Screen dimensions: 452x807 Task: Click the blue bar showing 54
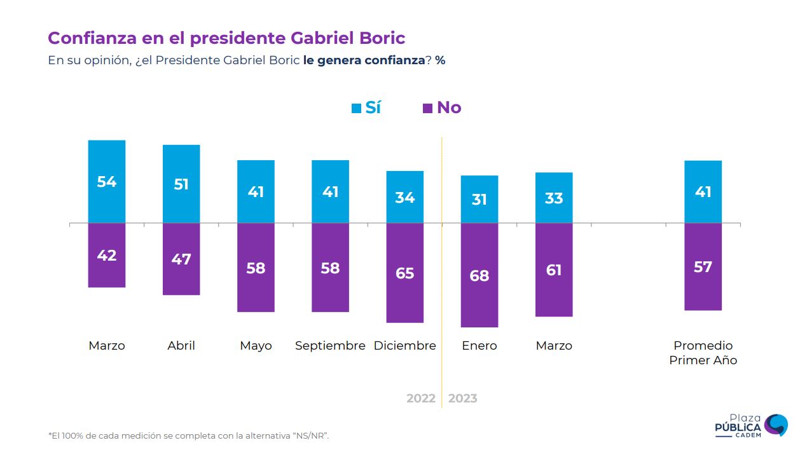(x=107, y=182)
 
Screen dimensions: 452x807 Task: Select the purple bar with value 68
(x=479, y=275)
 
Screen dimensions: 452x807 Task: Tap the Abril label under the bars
(x=181, y=346)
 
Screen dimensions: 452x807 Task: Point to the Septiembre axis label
(x=330, y=346)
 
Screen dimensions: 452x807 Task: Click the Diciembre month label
(x=405, y=346)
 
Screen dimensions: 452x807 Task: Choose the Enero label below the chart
(x=479, y=346)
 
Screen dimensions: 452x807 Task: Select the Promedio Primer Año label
(x=703, y=353)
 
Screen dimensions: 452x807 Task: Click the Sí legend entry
(x=367, y=107)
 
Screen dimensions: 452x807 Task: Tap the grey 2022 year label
(x=421, y=399)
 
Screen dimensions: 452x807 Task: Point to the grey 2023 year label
(x=462, y=399)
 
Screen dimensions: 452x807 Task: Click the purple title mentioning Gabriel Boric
(x=226, y=38)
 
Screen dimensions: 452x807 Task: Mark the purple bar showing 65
(x=405, y=273)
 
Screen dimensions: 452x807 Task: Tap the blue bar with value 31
(x=479, y=200)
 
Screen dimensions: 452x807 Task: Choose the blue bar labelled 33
(x=554, y=198)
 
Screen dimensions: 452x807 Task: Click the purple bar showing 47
(x=181, y=259)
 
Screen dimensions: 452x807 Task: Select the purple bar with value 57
(x=703, y=267)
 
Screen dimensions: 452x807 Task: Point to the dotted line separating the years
(x=441, y=286)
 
